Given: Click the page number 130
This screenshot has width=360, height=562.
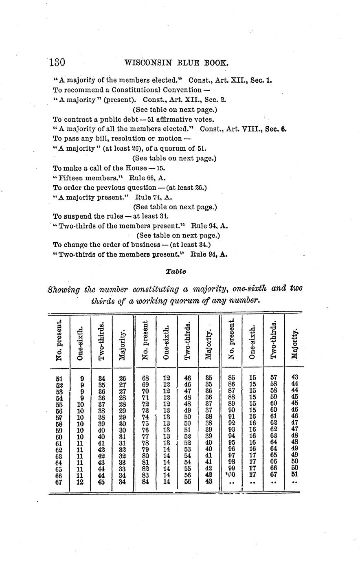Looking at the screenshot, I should [x=57, y=63].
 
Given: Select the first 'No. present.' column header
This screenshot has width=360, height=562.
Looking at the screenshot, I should [x=59, y=340].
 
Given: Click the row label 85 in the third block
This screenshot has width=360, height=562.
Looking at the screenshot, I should [x=232, y=378].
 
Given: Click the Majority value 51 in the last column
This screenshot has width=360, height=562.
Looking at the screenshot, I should [x=295, y=475].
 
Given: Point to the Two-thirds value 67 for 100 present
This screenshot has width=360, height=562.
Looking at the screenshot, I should [x=274, y=475].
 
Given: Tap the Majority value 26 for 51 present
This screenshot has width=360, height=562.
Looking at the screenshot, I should [x=122, y=378].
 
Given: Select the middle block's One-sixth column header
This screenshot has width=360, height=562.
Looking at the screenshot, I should [x=166, y=342].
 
